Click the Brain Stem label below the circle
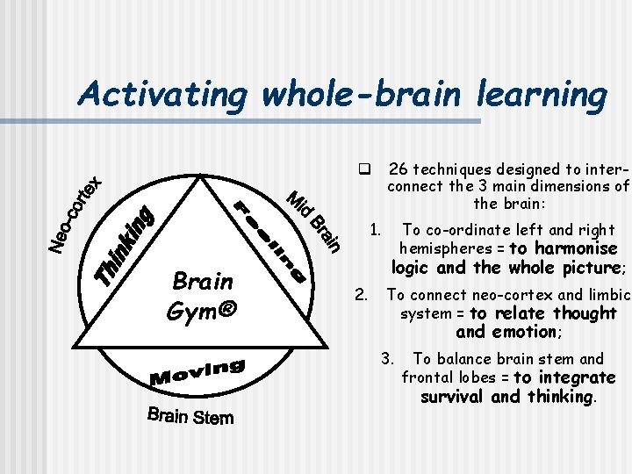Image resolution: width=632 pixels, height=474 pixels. tap(190, 415)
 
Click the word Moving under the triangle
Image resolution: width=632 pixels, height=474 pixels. tap(198, 370)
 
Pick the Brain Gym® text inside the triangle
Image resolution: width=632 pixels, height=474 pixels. tap(203, 296)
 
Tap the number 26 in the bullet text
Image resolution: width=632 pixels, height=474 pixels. tap(397, 169)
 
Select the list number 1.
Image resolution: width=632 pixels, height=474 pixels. tap(374, 231)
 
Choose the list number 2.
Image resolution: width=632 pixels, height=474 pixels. tap(361, 294)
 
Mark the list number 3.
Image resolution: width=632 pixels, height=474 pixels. tap(387, 358)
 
